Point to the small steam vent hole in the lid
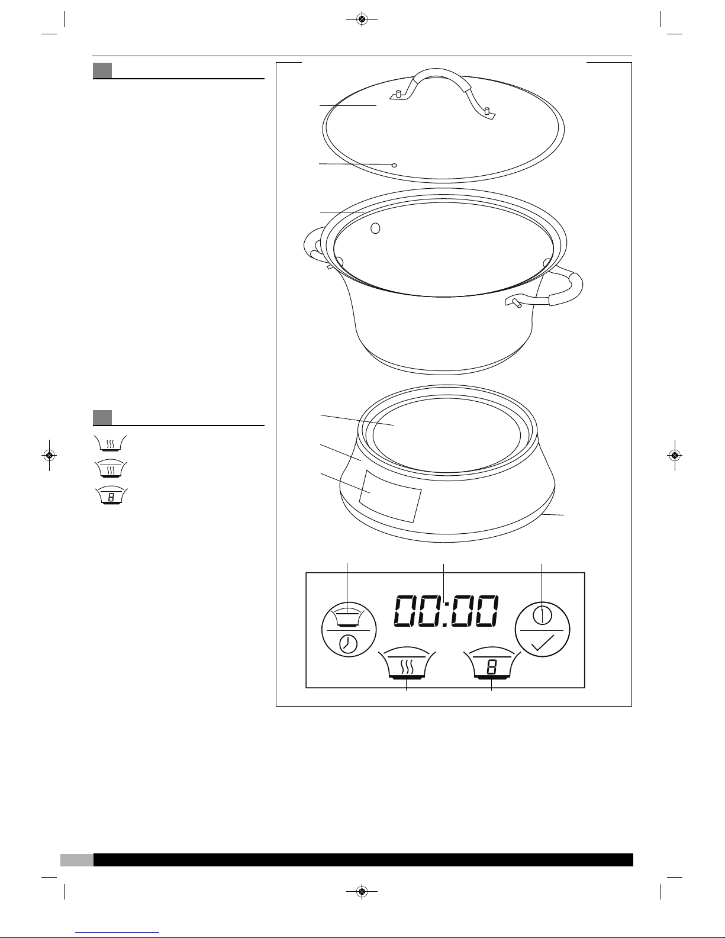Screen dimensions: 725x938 click(x=394, y=165)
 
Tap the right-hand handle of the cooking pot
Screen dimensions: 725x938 click(x=561, y=287)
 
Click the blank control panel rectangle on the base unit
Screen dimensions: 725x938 click(x=390, y=496)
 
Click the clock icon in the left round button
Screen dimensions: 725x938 click(x=348, y=645)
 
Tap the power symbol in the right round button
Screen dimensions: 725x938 click(x=543, y=614)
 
